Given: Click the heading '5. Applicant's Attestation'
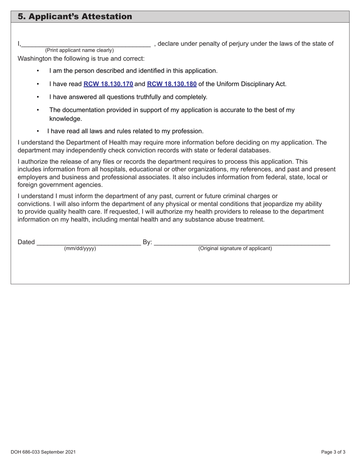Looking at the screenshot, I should (x=75, y=17).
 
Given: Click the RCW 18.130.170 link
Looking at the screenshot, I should (x=108, y=84).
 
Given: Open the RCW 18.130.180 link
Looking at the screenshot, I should (x=172, y=84).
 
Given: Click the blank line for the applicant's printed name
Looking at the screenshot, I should (x=86, y=44).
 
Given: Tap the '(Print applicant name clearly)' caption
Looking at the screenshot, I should (x=79, y=50).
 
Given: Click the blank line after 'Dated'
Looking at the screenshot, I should (x=89, y=243).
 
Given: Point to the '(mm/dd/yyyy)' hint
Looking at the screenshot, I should (x=80, y=249).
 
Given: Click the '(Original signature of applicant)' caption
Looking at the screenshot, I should (x=235, y=249).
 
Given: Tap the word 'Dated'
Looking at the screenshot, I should (x=26, y=242).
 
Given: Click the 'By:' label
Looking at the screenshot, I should (x=147, y=242).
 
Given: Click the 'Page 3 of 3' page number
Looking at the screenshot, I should (x=333, y=452).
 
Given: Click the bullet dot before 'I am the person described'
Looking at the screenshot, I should (x=38, y=71).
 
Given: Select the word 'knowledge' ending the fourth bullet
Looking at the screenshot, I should (x=65, y=119).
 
